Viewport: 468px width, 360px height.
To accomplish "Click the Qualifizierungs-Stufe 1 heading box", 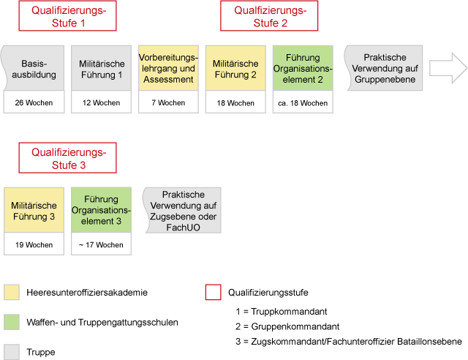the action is (67, 16).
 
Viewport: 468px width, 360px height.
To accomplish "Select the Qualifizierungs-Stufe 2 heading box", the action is (269, 16).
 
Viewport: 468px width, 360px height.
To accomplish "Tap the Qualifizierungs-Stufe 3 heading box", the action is (67, 158).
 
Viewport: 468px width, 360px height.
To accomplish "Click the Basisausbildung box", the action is (34, 68).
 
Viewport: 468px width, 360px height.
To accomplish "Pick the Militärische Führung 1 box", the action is (101, 68).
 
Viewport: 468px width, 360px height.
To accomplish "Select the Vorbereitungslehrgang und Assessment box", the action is (168, 68).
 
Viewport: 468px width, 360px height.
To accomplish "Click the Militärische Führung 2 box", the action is (235, 68).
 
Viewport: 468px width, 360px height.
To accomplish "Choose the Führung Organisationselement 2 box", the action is (303, 68).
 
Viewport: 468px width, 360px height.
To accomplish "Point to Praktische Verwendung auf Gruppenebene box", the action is (385, 68).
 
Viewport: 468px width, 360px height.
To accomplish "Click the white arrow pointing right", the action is (448, 68).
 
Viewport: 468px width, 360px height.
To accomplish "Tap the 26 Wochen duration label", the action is (34, 102).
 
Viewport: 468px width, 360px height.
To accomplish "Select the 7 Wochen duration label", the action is (168, 102).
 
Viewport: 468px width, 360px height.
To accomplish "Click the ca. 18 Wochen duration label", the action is (303, 103).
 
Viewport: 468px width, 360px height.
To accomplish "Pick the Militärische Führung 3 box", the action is (34, 210).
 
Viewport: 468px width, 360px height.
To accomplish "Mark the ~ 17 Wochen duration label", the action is (101, 244).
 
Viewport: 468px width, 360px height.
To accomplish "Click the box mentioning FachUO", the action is (183, 210).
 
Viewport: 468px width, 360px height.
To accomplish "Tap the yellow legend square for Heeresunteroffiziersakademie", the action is (12, 292).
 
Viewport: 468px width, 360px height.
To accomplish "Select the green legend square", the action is (12, 322).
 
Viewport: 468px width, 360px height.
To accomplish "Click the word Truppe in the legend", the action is (41, 352).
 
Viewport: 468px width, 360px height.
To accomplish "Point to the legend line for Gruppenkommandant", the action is (287, 326).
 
